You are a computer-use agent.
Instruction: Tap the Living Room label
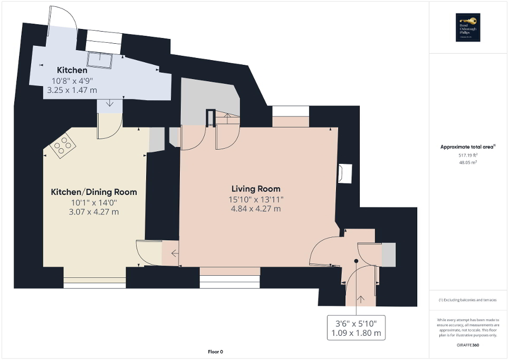coord(256,189)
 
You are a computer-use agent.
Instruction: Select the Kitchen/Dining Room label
coord(93,192)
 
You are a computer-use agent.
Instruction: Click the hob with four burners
coord(62,145)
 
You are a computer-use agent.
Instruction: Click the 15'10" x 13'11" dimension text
coord(256,199)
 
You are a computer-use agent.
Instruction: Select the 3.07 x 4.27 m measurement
coord(93,212)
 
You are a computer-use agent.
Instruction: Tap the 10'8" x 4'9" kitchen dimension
coord(72,81)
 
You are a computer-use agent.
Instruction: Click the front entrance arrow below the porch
coord(361,299)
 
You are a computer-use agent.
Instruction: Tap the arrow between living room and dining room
coord(174,254)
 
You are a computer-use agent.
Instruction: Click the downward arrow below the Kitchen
coord(109,103)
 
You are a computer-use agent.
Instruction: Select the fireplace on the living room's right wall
coord(345,173)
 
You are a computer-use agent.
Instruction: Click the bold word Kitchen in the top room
coord(72,70)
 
